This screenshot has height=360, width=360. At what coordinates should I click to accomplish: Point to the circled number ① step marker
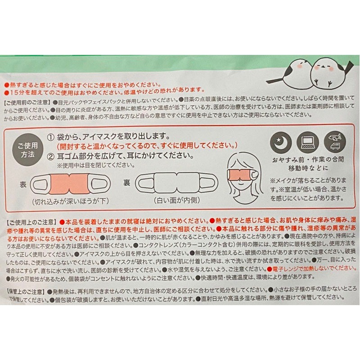pyautogui.click(x=52, y=137)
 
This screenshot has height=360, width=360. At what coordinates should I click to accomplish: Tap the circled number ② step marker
pyautogui.click(x=52, y=157)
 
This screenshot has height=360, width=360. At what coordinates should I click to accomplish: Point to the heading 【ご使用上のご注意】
pyautogui.click(x=30, y=222)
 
